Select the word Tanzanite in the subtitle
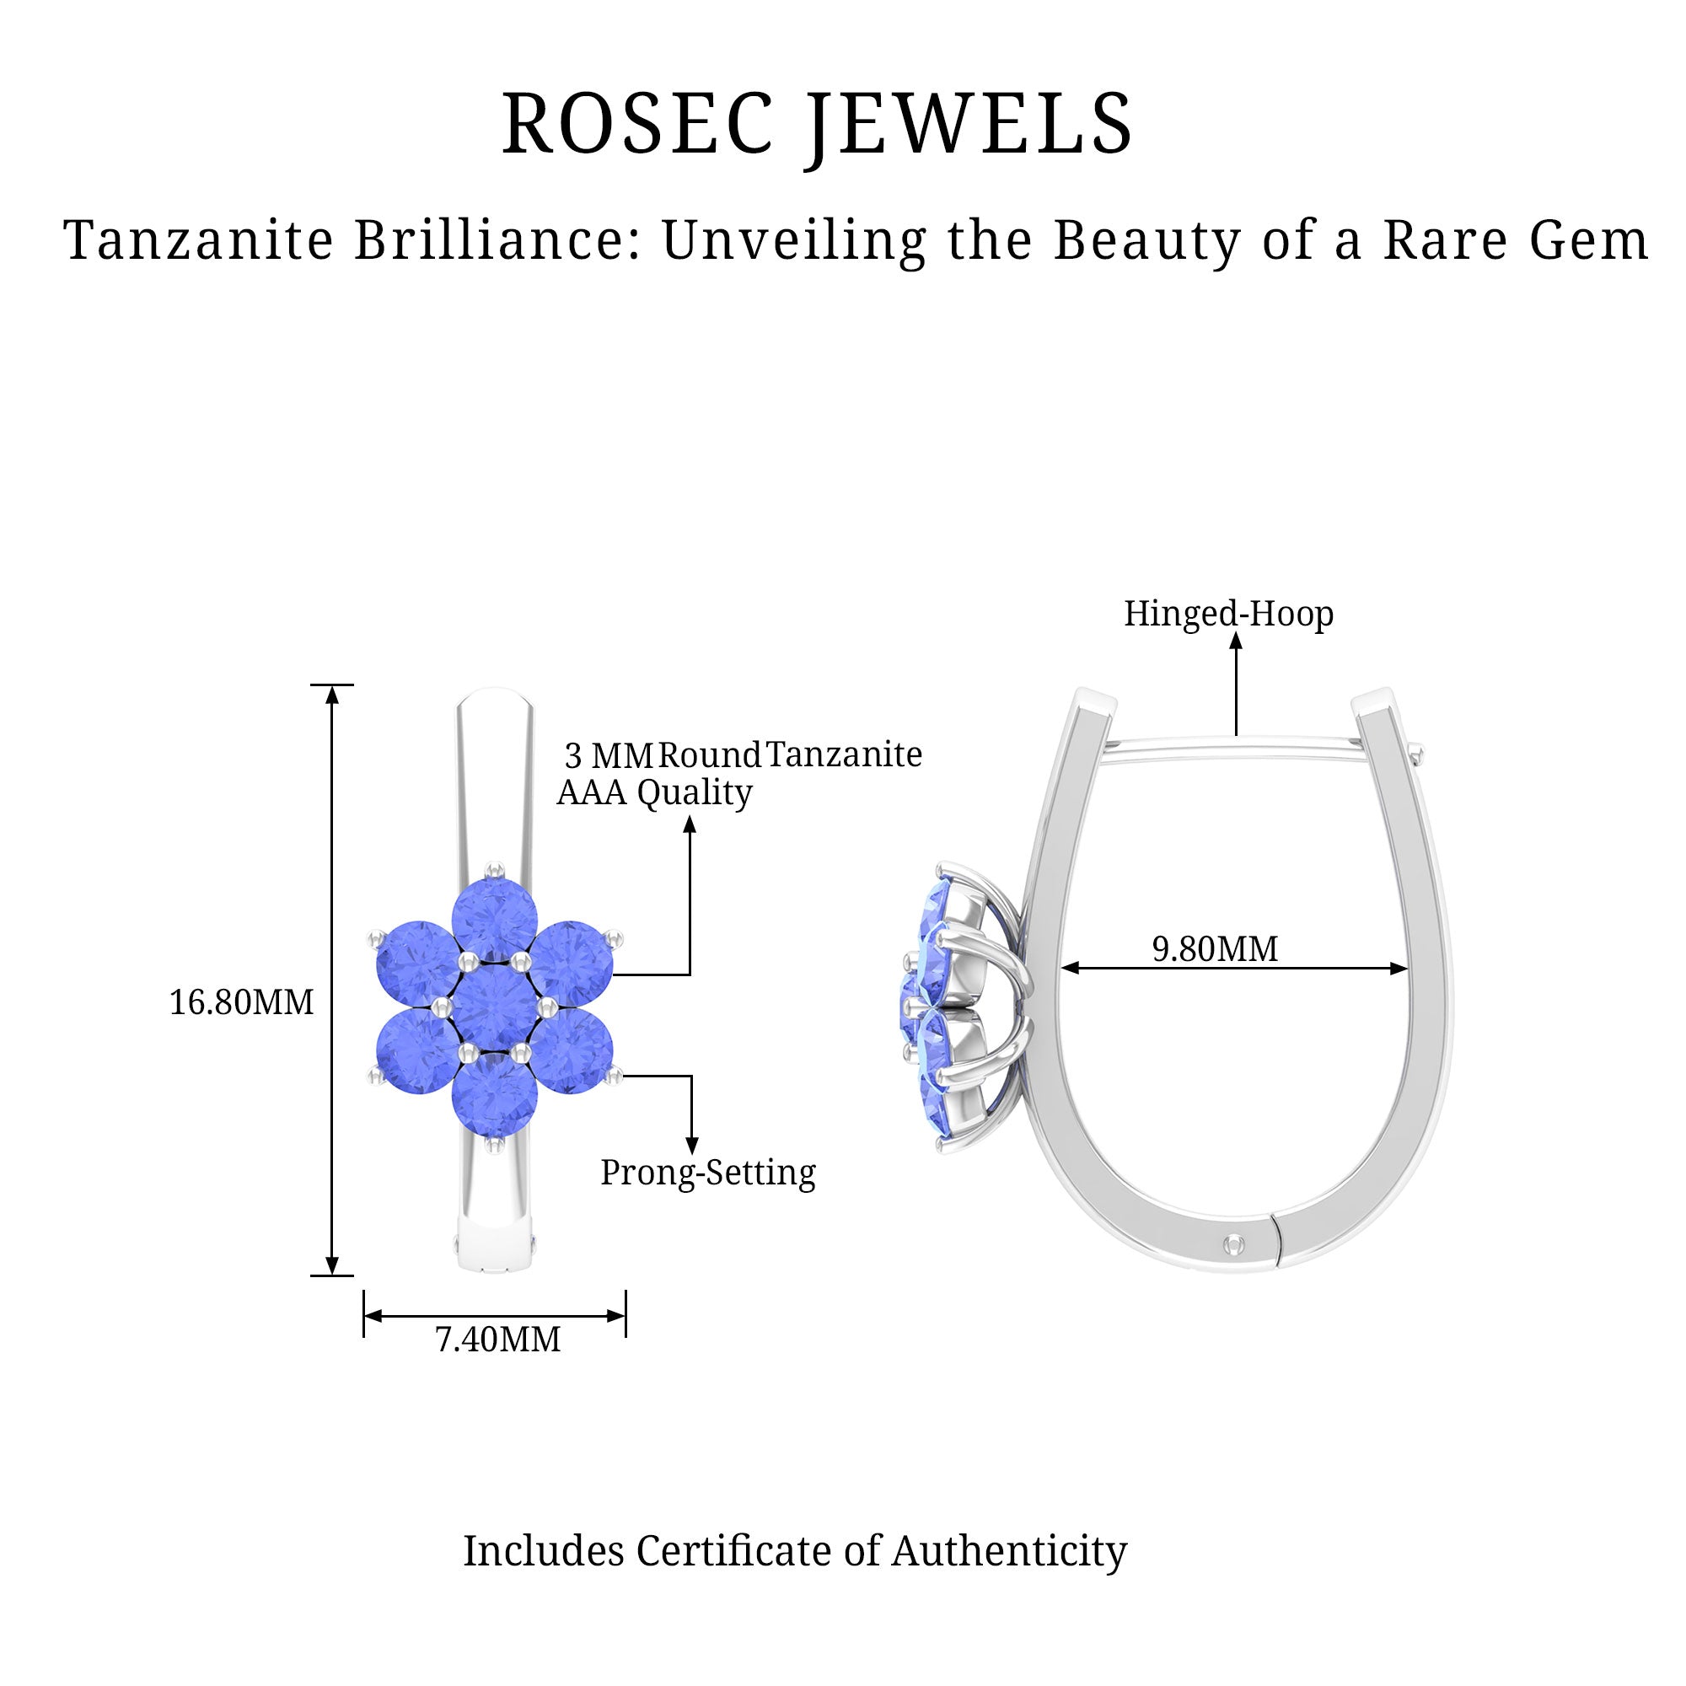[x=199, y=239]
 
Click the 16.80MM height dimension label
[x=241, y=1001]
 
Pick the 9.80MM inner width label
[x=1215, y=948]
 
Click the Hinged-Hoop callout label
[x=1229, y=615]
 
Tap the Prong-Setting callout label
[x=708, y=1173]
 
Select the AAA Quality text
[x=654, y=793]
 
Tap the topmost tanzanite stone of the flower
[x=495, y=921]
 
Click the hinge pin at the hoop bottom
[x=1233, y=1243]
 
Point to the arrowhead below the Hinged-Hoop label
[x=1236, y=642]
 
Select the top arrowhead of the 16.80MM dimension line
[x=331, y=695]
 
